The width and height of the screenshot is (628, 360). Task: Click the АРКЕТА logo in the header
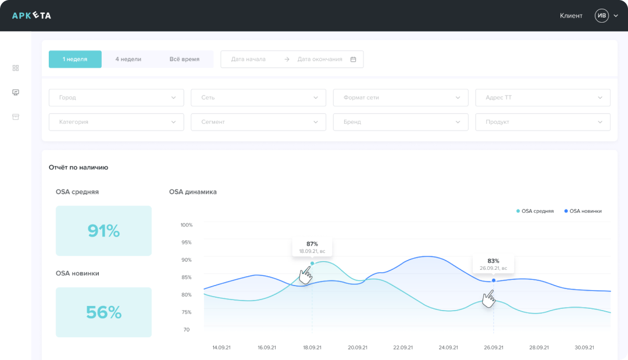31,16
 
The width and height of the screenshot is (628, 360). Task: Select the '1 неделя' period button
75,59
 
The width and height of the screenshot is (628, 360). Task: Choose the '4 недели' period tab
128,59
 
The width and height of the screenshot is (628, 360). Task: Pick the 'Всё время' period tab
184,59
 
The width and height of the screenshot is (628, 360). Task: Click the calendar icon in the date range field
353,59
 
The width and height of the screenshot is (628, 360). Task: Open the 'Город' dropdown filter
116,98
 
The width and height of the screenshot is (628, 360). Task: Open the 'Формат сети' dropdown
400,98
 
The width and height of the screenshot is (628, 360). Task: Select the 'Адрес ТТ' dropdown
543,98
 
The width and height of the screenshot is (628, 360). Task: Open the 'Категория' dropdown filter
116,122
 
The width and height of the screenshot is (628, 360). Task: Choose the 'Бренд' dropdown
400,122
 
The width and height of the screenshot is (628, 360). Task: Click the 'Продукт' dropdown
543,122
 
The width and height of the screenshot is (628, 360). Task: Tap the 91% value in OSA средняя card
104,231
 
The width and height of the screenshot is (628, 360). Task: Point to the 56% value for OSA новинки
104,312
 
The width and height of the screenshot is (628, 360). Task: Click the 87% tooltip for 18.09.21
312,247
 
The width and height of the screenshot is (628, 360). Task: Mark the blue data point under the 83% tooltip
494,280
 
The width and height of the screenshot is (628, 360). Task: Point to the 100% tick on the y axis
187,225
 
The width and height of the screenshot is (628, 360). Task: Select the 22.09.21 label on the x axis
403,347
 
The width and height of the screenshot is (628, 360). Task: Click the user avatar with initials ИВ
601,16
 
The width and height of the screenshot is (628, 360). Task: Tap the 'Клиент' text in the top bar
571,16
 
